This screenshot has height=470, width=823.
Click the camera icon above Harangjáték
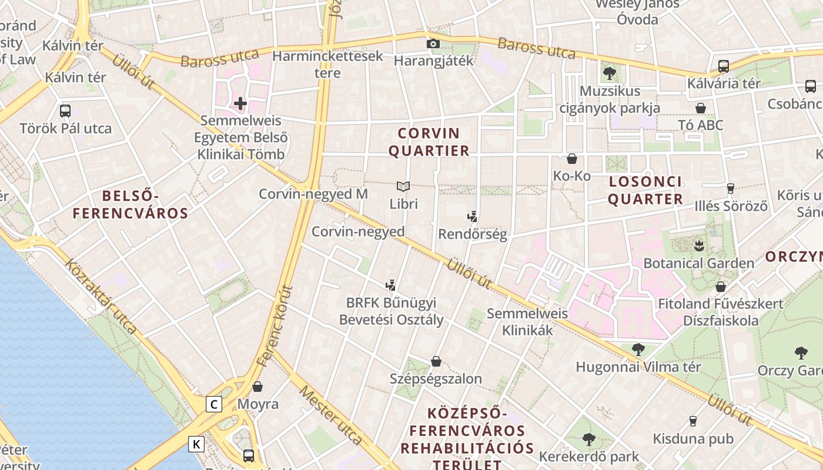tap(433, 43)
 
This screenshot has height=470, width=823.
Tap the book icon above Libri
tap(403, 187)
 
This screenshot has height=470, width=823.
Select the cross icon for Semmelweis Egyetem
tap(240, 104)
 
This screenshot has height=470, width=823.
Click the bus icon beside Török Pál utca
tap(65, 110)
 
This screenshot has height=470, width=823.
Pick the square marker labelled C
tap(214, 404)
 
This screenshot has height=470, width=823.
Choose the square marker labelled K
tap(196, 444)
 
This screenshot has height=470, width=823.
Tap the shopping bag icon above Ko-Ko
tap(571, 159)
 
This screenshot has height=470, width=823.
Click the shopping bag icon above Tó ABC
tap(700, 108)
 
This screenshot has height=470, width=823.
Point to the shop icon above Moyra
tap(257, 387)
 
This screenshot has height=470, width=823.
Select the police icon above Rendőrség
tap(472, 216)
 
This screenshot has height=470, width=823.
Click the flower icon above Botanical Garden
tap(698, 245)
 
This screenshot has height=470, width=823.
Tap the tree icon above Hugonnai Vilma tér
tap(638, 350)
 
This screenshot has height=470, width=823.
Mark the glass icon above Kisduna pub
tap(693, 421)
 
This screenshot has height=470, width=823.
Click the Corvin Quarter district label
tap(429, 142)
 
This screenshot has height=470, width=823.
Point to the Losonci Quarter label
tap(645, 190)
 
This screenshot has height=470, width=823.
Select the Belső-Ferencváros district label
tap(131, 204)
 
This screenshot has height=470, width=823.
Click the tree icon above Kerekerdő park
tap(589, 439)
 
